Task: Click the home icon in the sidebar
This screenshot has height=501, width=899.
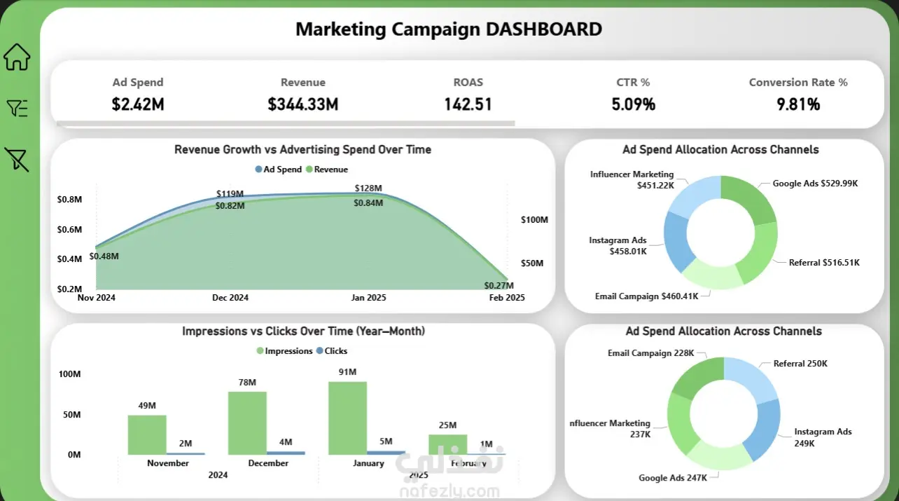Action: coord(18,57)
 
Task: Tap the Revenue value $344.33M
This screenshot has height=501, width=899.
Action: coord(302,104)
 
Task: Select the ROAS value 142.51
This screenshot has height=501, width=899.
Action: coord(468,104)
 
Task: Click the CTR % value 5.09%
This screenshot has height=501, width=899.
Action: coord(633,104)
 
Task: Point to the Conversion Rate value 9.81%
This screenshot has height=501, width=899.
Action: coord(797,104)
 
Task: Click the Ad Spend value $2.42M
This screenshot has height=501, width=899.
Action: coord(138,104)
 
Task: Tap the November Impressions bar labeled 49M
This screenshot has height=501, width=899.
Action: coord(147,434)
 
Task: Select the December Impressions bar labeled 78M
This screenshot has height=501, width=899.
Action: coord(247,423)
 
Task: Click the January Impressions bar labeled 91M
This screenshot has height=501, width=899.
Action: coord(347,418)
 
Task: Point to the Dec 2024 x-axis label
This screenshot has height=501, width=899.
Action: coord(230,298)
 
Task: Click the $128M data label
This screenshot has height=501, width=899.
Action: coord(368,188)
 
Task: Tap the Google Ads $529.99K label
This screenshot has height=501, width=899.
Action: coord(815,184)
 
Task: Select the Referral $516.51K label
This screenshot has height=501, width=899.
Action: coord(824,263)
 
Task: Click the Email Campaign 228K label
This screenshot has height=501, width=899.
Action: coord(650,353)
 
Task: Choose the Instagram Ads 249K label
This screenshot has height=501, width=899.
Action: coord(823,437)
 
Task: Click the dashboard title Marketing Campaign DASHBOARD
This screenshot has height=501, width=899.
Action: coord(449,29)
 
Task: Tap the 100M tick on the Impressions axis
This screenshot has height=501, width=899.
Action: coord(69,374)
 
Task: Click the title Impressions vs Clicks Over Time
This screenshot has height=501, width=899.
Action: coord(303,331)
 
